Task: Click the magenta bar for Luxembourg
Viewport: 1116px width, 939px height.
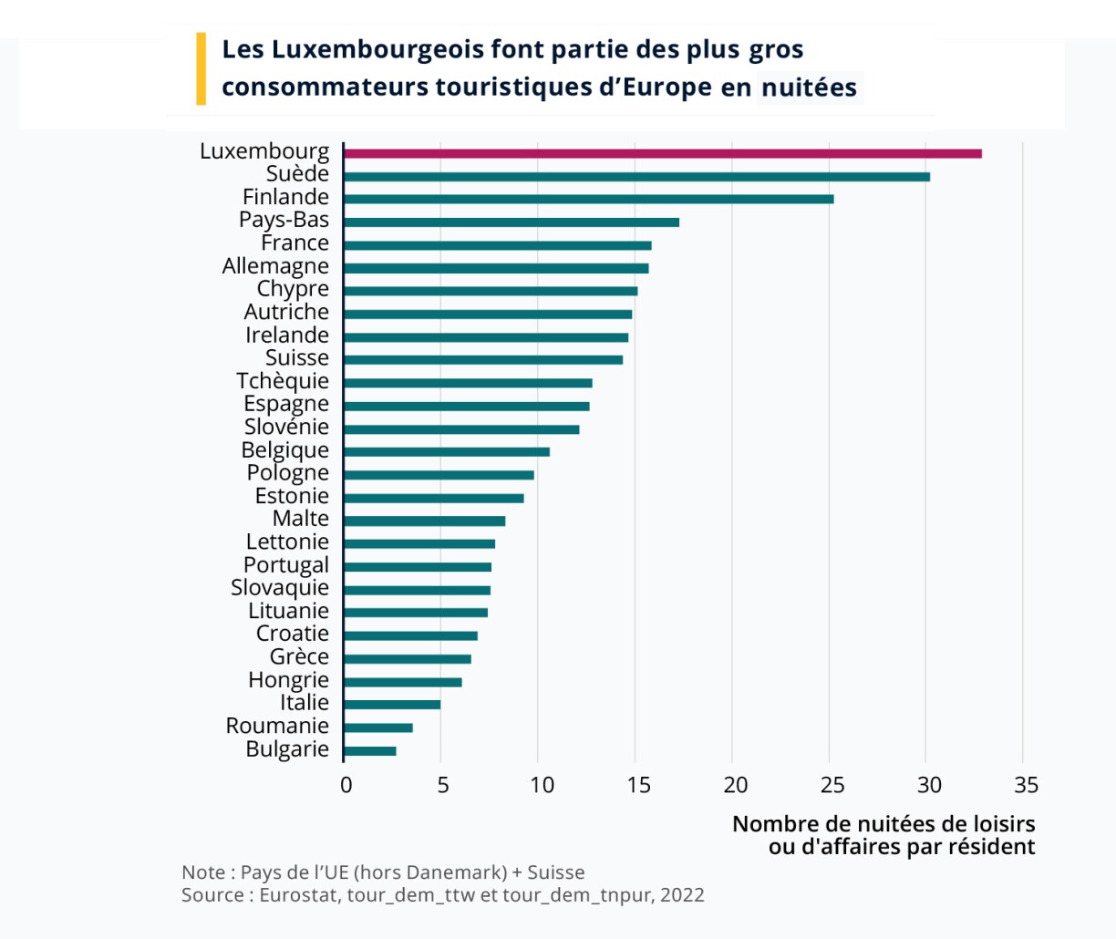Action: [x=663, y=153]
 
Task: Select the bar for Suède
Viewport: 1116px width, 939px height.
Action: [x=637, y=177]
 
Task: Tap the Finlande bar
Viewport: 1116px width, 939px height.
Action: [x=589, y=199]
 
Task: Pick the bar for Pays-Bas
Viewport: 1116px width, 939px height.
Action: [x=511, y=222]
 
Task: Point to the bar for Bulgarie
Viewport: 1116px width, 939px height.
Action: [x=370, y=751]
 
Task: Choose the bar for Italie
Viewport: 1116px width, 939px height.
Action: [x=392, y=705]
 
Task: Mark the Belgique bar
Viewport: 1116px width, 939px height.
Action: [x=447, y=452]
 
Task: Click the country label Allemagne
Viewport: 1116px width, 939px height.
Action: [x=275, y=266]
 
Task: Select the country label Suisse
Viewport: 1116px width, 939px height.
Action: [x=296, y=358]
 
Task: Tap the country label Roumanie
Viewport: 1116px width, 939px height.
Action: [x=277, y=726]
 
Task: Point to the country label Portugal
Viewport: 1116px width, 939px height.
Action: [x=285, y=565]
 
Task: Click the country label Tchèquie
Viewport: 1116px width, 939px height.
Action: [x=283, y=381]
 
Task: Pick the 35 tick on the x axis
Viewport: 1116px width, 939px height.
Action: [x=1026, y=785]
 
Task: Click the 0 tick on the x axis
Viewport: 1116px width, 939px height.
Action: [x=346, y=785]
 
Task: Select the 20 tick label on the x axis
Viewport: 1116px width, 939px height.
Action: [x=735, y=785]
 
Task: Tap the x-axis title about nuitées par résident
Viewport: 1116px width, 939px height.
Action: [x=883, y=835]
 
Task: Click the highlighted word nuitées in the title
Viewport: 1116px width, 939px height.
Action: [x=809, y=88]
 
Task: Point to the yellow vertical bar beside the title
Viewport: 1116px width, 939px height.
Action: [x=201, y=68]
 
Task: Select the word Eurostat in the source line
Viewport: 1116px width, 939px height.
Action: [x=299, y=894]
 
